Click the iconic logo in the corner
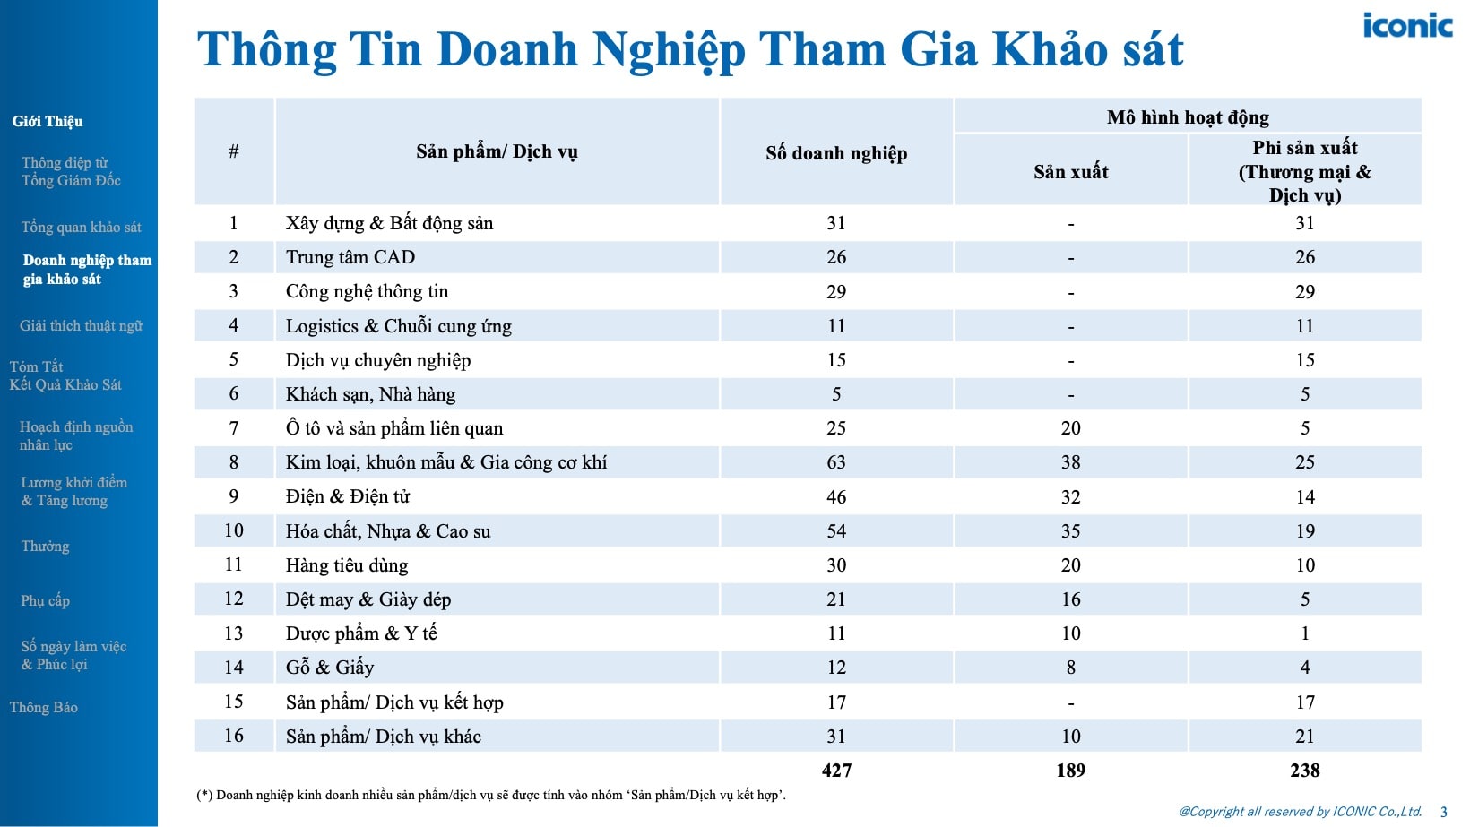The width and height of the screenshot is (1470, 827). click(1406, 25)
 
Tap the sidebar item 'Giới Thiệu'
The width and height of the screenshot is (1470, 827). click(48, 121)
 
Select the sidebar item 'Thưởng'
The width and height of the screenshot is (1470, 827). click(45, 547)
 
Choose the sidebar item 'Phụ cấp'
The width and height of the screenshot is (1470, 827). click(45, 600)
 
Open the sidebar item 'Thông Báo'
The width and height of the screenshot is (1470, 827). click(44, 708)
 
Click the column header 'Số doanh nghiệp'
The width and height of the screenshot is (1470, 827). click(836, 153)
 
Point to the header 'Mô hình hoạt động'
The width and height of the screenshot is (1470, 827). click(1188, 117)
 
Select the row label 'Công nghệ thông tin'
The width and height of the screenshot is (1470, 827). click(367, 291)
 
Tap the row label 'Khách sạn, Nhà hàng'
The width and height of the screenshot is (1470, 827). click(370, 394)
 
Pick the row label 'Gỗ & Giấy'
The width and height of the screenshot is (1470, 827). click(330, 668)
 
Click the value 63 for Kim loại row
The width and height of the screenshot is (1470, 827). click(836, 462)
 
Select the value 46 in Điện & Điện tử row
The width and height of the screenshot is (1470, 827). click(836, 497)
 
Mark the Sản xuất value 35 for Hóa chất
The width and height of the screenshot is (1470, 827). click(1071, 531)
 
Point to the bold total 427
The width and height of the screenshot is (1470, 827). click(836, 771)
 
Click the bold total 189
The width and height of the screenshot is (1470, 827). click(1071, 771)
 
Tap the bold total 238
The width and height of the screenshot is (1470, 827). click(1305, 771)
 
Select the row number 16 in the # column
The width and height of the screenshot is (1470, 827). click(234, 736)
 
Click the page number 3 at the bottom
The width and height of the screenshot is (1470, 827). click(1444, 812)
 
